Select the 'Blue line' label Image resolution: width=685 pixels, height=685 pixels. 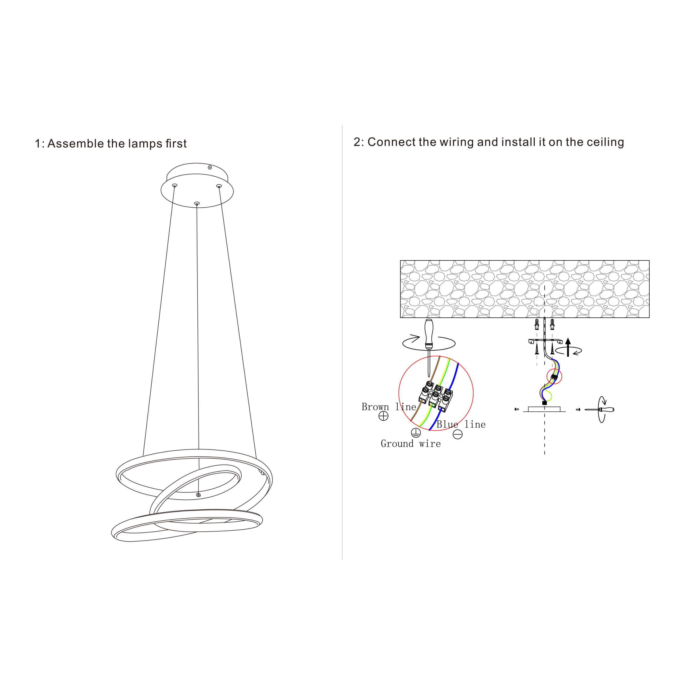pos(461,424)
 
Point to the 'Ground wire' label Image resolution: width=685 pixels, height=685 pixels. pos(410,444)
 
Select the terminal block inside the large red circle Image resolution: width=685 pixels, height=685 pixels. pos(436,396)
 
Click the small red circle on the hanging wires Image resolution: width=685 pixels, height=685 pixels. pos(554,376)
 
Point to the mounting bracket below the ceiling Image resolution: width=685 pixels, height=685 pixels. pos(545,341)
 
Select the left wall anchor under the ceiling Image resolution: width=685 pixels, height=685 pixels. pos(537,324)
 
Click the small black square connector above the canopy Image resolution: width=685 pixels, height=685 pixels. pos(545,403)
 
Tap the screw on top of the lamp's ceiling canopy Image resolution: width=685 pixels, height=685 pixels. pos(210,167)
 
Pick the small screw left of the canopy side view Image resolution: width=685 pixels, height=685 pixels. pos(517,409)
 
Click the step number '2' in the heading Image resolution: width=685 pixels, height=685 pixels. pos(357,142)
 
